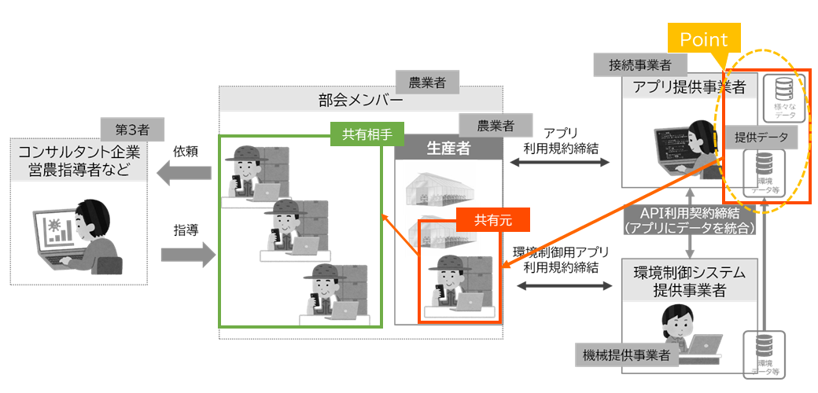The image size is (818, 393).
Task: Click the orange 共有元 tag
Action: tap(492, 221)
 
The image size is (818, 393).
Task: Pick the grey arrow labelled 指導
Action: tap(186, 253)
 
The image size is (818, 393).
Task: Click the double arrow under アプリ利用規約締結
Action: tap(560, 163)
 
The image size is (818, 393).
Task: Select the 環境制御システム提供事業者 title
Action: tap(689, 282)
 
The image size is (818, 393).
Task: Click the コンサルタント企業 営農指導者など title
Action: tap(79, 160)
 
